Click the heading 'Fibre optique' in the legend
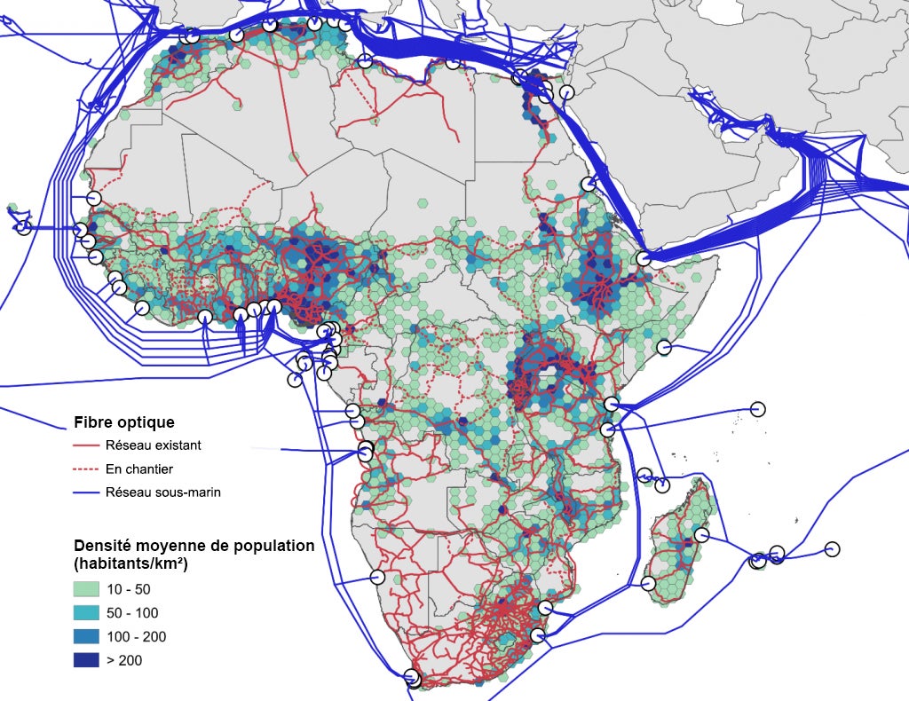tap(123, 421)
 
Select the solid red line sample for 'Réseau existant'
tap(85, 445)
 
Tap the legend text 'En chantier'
tap(138, 469)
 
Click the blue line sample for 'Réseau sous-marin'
tap(85, 492)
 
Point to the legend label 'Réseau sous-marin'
tap(162, 492)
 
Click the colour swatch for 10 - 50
tap(86, 588)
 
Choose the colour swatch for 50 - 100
tap(86, 612)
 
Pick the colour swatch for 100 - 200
tap(86, 636)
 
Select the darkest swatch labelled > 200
tap(86, 660)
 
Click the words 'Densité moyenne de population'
tap(194, 546)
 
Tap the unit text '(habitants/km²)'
tap(135, 563)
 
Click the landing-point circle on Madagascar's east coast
tap(701, 535)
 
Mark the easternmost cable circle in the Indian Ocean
tap(832, 548)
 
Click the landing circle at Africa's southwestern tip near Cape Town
tap(412, 676)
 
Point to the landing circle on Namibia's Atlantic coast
tap(377, 577)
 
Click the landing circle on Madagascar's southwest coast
tap(648, 583)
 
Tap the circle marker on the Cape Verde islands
tap(24, 227)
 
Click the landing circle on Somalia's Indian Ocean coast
tap(663, 347)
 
